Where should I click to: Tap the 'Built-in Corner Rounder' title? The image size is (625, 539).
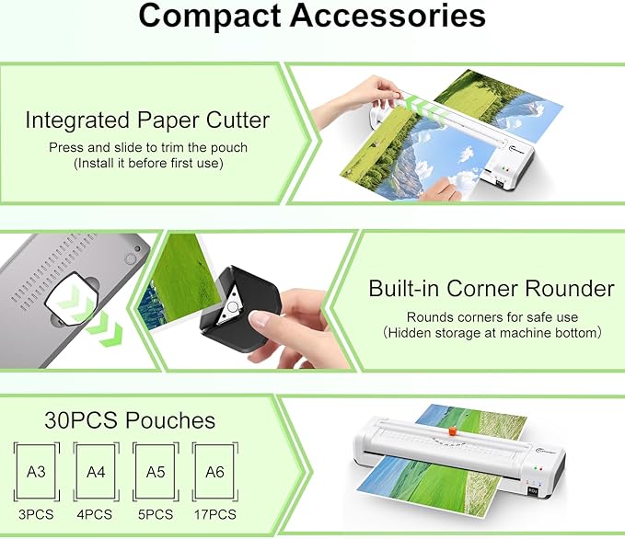click(x=491, y=289)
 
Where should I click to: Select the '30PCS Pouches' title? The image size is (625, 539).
click(x=130, y=421)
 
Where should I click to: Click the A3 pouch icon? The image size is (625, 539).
click(x=36, y=472)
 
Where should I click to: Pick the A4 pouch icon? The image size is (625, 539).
click(x=96, y=472)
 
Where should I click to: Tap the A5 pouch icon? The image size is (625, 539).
click(x=155, y=472)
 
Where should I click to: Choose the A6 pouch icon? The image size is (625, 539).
click(x=214, y=472)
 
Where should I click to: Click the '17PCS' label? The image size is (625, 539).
click(x=214, y=514)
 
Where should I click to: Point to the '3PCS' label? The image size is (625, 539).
click(x=36, y=514)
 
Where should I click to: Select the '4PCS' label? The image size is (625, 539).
click(x=96, y=514)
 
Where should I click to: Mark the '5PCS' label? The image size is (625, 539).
click(x=155, y=514)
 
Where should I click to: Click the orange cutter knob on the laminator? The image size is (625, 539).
click(x=452, y=429)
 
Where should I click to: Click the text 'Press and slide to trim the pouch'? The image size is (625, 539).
click(x=148, y=147)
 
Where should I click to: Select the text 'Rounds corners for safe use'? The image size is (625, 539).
click(x=492, y=316)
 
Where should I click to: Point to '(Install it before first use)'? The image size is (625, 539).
click(x=148, y=163)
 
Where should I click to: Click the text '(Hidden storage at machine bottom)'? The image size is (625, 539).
click(x=492, y=332)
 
